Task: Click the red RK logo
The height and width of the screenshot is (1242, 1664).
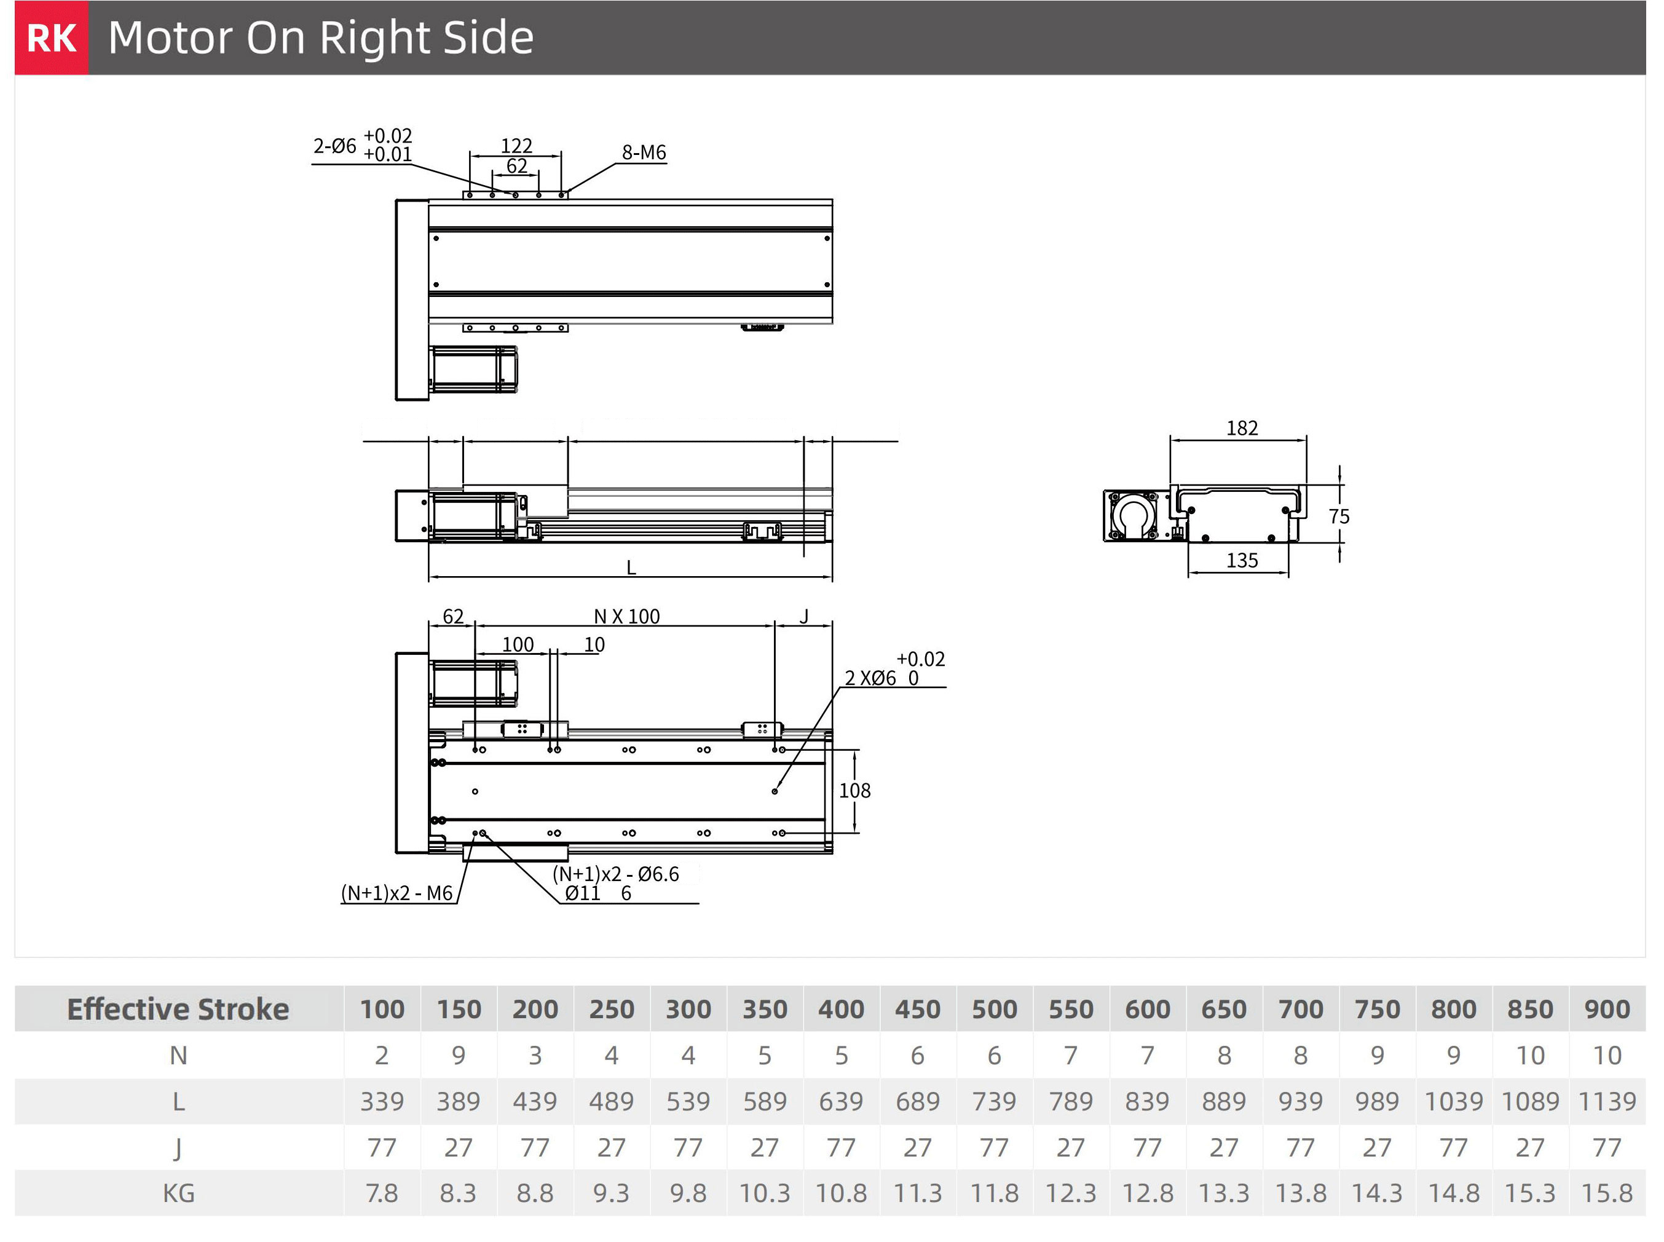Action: (x=51, y=38)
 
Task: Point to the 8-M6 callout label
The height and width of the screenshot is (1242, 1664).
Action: (x=644, y=152)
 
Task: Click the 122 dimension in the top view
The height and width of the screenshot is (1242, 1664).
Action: (x=516, y=145)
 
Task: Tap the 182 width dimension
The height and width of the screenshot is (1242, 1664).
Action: (x=1242, y=428)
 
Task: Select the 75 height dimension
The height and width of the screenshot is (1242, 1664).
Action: (x=1339, y=516)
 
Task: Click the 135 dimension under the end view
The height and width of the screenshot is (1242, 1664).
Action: (x=1242, y=560)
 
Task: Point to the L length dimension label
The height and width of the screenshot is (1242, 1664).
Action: (x=631, y=568)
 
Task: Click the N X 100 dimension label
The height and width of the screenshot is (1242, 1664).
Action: (x=627, y=617)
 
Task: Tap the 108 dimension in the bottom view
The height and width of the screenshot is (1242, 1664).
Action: (x=854, y=790)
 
